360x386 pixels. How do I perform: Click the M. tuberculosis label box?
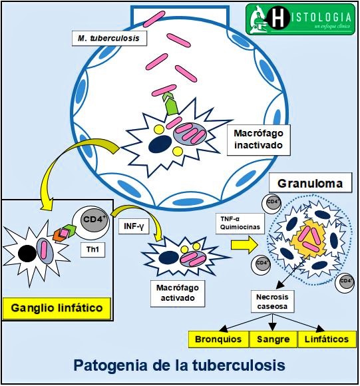(107, 39)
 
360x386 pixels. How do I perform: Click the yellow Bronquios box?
(218, 339)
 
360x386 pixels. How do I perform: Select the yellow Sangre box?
(273, 339)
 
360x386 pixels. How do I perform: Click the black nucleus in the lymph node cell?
(28, 253)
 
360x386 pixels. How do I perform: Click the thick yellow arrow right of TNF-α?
(243, 244)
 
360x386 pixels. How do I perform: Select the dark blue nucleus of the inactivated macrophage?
(158, 144)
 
